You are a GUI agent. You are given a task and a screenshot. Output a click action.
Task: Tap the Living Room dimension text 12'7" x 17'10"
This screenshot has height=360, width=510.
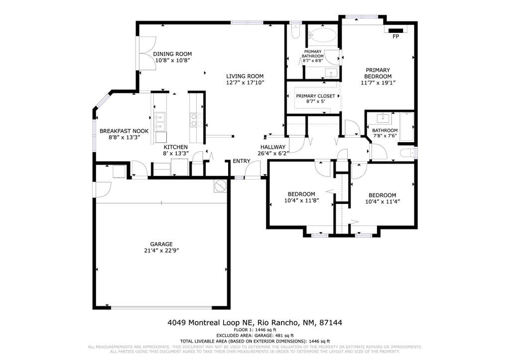pos(245,83)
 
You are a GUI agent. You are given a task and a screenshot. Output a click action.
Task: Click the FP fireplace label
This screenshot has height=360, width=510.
pos(396,37)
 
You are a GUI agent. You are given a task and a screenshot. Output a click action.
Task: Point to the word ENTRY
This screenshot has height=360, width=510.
pos(242,161)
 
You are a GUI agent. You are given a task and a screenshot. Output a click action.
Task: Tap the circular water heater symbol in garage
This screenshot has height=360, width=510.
pos(220,186)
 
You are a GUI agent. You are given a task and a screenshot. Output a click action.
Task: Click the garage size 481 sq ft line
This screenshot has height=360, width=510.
pos(255,336)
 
